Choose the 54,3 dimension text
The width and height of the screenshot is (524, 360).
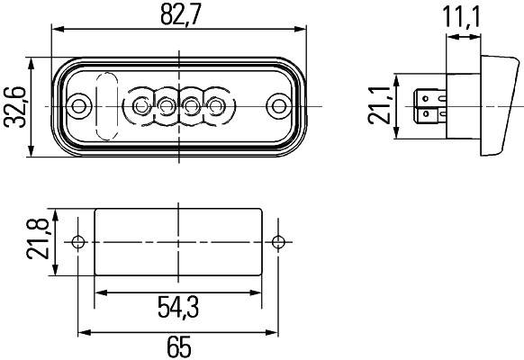pyautogui.click(x=178, y=309)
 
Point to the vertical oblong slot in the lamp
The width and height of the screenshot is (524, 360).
pyautogui.click(x=106, y=106)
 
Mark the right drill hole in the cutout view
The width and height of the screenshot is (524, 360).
pyautogui.click(x=279, y=241)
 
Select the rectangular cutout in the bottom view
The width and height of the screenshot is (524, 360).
pyautogui.click(x=178, y=241)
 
